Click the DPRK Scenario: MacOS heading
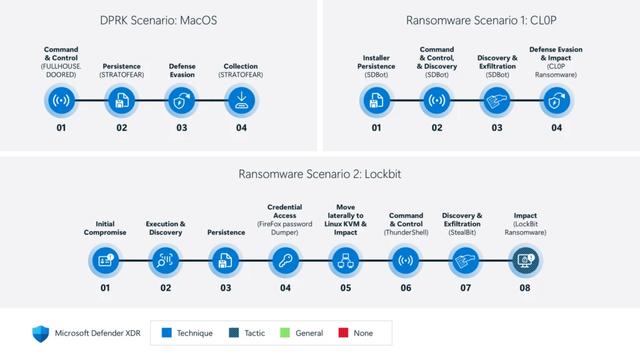click(158, 21)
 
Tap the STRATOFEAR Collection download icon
click(241, 101)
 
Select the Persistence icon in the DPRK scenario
click(121, 101)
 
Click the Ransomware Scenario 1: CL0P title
click(481, 21)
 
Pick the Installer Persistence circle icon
click(376, 101)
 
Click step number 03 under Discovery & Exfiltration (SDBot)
click(497, 127)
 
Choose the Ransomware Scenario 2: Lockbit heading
click(319, 174)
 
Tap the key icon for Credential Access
click(285, 261)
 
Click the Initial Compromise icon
click(105, 261)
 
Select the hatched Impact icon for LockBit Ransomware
click(525, 261)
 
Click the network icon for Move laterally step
click(346, 261)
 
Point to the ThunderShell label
click(406, 232)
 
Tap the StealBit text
click(462, 232)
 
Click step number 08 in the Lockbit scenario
click(525, 287)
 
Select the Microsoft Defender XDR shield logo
click(41, 333)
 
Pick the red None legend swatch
click(342, 333)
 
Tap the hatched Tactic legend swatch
click(234, 333)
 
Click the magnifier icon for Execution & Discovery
click(165, 261)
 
